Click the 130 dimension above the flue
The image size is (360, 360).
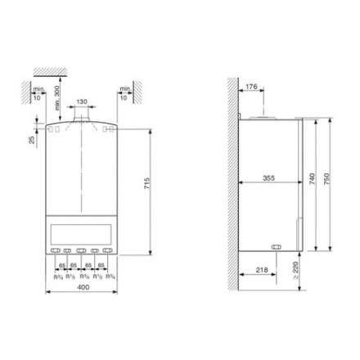[x=81, y=103]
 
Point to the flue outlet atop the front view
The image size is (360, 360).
[x=81, y=123]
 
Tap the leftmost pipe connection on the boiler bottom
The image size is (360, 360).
[x=54, y=251]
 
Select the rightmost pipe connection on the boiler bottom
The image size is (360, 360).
[x=107, y=251]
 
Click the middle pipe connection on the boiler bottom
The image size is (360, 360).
[x=81, y=251]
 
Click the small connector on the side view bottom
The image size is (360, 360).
[x=276, y=245]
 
